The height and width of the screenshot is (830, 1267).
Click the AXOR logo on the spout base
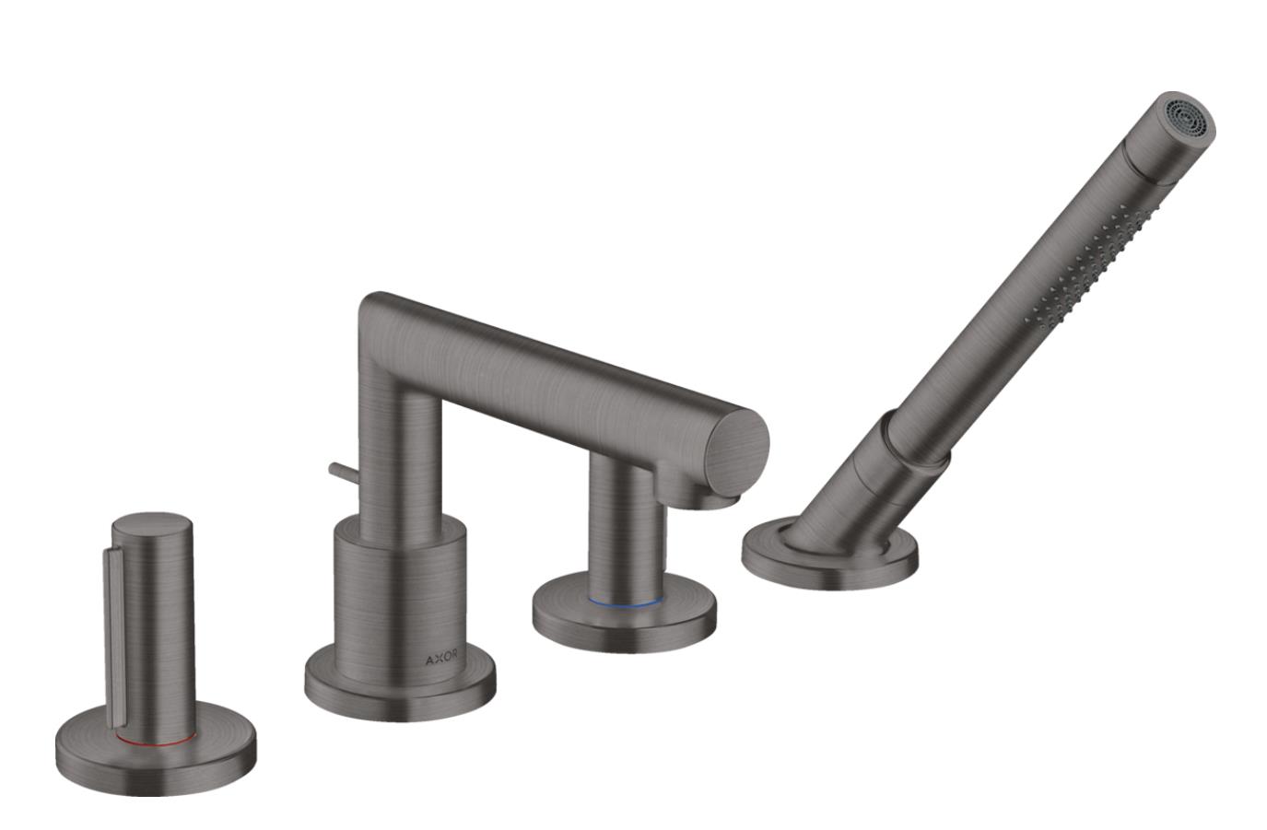(441, 659)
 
